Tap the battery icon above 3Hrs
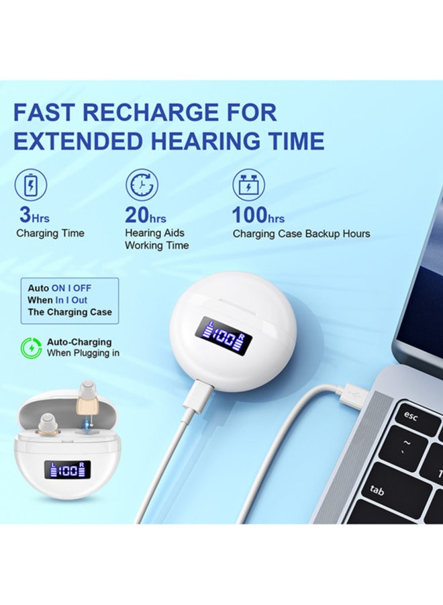pos(31,185)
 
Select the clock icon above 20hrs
pos(142,185)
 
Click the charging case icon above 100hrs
pos(248,185)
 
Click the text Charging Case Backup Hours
pos(301,234)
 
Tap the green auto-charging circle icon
pos(31,348)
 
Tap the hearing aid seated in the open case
pos(49,425)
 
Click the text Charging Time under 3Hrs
pos(50,234)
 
